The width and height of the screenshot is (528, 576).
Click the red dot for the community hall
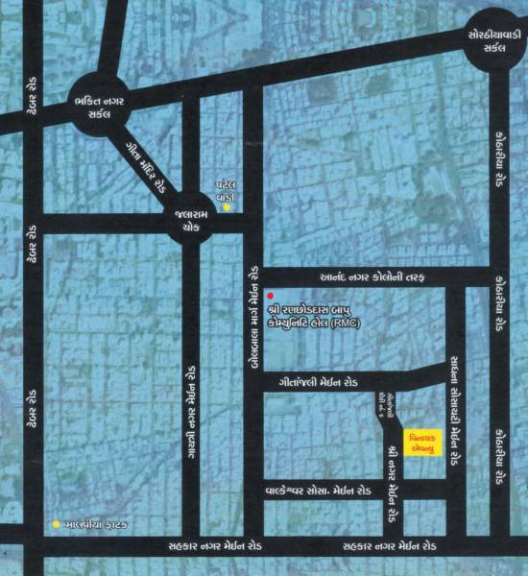(x=271, y=295)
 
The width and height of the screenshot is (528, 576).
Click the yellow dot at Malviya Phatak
(x=57, y=524)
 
